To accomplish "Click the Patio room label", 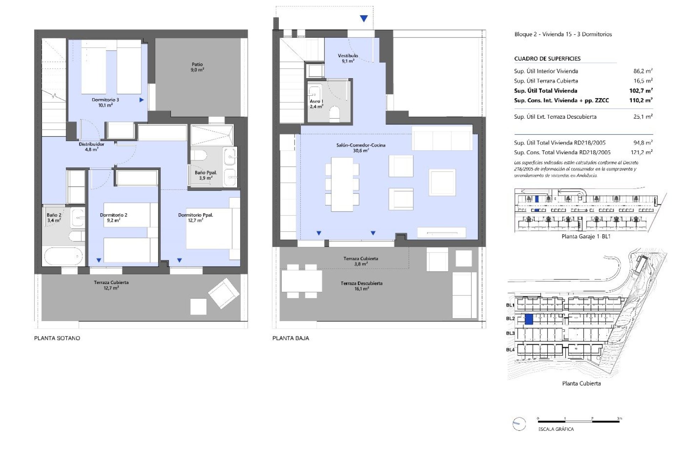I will point(197,67).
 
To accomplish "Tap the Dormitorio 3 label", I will point(105,102).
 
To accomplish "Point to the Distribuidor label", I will point(91,146).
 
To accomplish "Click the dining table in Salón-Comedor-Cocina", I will point(342,184).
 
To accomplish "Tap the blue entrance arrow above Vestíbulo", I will point(364,19).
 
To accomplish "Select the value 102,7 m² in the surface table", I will point(641,91).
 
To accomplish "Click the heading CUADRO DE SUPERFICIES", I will point(547,59).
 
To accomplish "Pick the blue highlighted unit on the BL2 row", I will point(529,319).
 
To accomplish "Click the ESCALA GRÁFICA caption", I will point(556,429).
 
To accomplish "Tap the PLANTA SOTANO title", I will point(57,338).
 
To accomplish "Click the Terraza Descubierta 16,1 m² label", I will point(361,286).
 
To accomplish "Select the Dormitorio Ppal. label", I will point(195,217).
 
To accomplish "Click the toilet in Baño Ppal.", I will point(199,156).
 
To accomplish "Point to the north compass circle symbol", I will point(519,424).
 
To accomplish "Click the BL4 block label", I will point(510,349).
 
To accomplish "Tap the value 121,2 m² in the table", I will point(641,152).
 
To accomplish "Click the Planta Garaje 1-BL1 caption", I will point(586,236).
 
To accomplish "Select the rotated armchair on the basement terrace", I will point(224,293).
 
